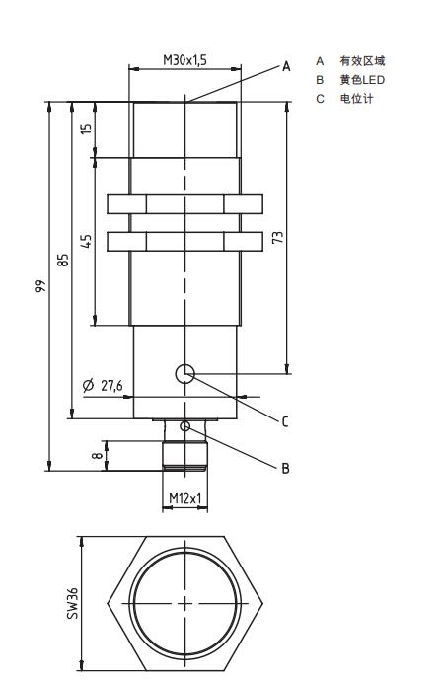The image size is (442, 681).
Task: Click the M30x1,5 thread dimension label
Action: tap(184, 60)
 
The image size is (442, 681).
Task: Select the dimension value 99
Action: tap(39, 286)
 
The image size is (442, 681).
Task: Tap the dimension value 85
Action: tap(63, 261)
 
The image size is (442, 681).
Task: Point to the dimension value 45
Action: tap(87, 241)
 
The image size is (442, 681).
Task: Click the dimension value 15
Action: tap(87, 128)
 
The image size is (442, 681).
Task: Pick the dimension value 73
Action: tap(277, 237)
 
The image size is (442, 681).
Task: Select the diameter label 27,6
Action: tap(111, 385)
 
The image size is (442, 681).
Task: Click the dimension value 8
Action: tap(99, 455)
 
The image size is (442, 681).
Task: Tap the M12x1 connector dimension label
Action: tap(184, 498)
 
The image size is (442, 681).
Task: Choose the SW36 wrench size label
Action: tap(72, 603)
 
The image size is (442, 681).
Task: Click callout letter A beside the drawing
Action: tap(286, 66)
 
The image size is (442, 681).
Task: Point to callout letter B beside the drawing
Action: tap(285, 468)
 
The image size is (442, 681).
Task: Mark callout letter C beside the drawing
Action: tap(285, 421)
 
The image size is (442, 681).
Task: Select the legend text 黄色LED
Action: tap(362, 80)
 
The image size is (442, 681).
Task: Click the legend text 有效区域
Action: tap(362, 61)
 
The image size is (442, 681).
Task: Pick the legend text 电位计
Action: tap(356, 99)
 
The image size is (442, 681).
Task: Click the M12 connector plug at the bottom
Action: tap(184, 455)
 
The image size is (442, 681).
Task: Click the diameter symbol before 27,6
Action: tap(88, 385)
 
